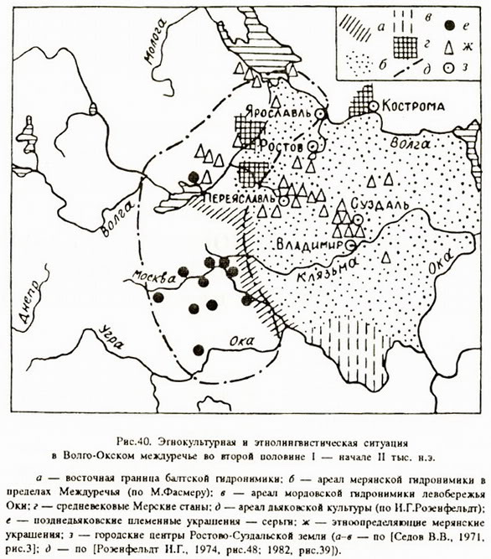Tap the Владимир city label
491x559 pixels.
(x=310, y=245)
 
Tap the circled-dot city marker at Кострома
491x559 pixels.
(x=374, y=106)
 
